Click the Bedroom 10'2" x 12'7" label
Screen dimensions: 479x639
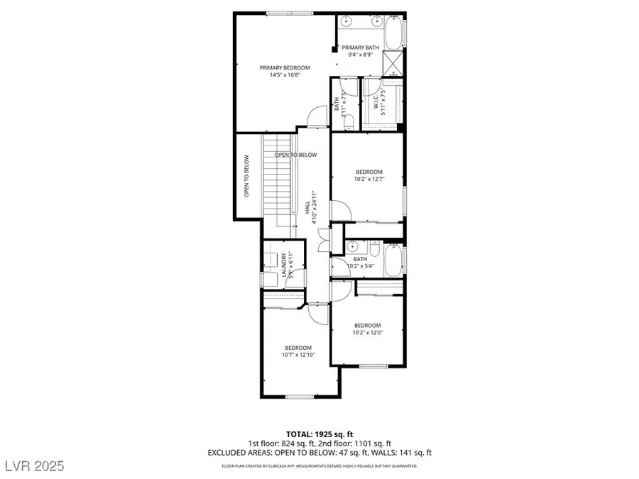tap(369, 175)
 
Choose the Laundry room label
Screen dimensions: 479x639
tap(285, 265)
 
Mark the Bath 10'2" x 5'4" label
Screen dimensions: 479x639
tap(361, 263)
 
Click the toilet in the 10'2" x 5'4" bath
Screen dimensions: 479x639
tap(374, 249)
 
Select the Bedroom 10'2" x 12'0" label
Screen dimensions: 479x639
tap(368, 329)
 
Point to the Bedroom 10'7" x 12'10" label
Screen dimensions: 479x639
tap(297, 351)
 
